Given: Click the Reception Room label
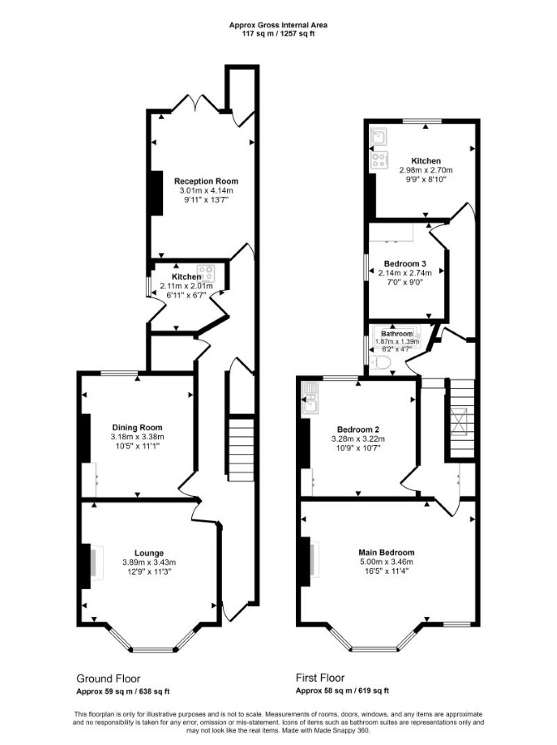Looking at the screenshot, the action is pyautogui.click(x=206, y=181).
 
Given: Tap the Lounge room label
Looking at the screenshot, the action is pyautogui.click(x=149, y=553).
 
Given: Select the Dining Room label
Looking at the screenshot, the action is pyautogui.click(x=137, y=428).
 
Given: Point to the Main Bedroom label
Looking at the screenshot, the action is pyautogui.click(x=387, y=552).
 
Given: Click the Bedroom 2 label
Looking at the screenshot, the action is pyautogui.click(x=357, y=429).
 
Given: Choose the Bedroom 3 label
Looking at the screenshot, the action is pyautogui.click(x=405, y=263).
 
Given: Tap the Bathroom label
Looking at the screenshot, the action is pyautogui.click(x=397, y=334).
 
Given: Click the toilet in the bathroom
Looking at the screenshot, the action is pyautogui.click(x=382, y=364).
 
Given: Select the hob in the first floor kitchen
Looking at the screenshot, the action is pyautogui.click(x=380, y=159).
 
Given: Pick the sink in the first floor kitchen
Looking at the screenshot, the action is pyautogui.click(x=379, y=137).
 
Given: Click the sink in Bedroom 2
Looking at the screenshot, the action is pyautogui.click(x=311, y=397).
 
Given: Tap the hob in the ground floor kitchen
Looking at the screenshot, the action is pyautogui.click(x=206, y=273).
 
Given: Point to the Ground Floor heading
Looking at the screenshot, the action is pyautogui.click(x=108, y=679).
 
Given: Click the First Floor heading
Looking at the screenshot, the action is pyautogui.click(x=320, y=678).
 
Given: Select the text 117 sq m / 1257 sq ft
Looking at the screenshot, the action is pyautogui.click(x=278, y=34).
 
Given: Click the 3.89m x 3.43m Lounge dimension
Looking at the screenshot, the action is pyautogui.click(x=149, y=562).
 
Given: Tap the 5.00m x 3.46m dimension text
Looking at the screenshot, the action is pyautogui.click(x=387, y=561).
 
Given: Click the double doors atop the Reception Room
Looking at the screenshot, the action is pyautogui.click(x=195, y=105).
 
